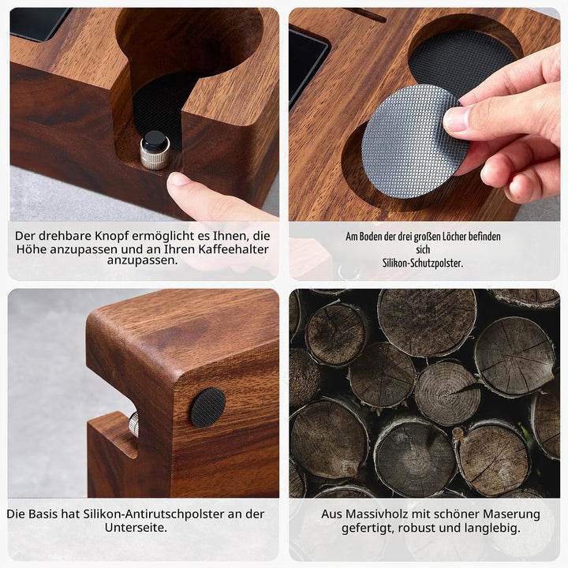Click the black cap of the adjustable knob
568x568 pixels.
pos(155,140)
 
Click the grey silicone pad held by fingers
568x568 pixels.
pos(410,142)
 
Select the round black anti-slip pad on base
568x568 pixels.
pos(208,407)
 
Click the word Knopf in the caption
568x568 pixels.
pos(111,236)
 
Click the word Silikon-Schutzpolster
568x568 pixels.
pos(423,263)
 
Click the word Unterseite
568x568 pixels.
pos(136,528)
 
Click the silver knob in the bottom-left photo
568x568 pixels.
pos(133,423)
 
